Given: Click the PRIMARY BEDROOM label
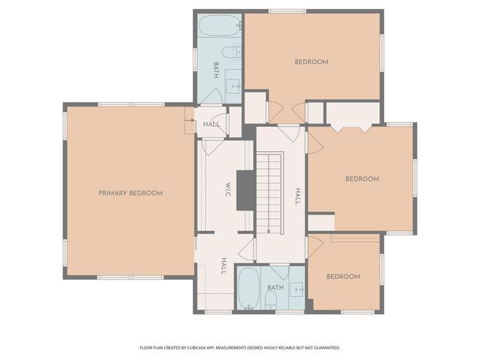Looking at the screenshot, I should [130, 193].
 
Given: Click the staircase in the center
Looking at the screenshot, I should [268, 192].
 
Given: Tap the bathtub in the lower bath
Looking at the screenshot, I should [248, 288].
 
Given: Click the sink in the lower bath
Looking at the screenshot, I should [297, 289].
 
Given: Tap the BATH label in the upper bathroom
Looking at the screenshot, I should [215, 70].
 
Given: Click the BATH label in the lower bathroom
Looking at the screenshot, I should [275, 287].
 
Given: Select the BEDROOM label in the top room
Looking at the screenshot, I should [310, 61].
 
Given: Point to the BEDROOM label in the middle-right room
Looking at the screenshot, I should [361, 178].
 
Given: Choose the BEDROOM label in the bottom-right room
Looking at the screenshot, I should [343, 276].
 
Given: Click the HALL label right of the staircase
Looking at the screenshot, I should [297, 196].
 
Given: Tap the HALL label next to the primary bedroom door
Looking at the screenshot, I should [211, 124].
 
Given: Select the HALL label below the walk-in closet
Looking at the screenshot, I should [223, 265].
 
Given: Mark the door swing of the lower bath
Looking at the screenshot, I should [280, 271].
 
